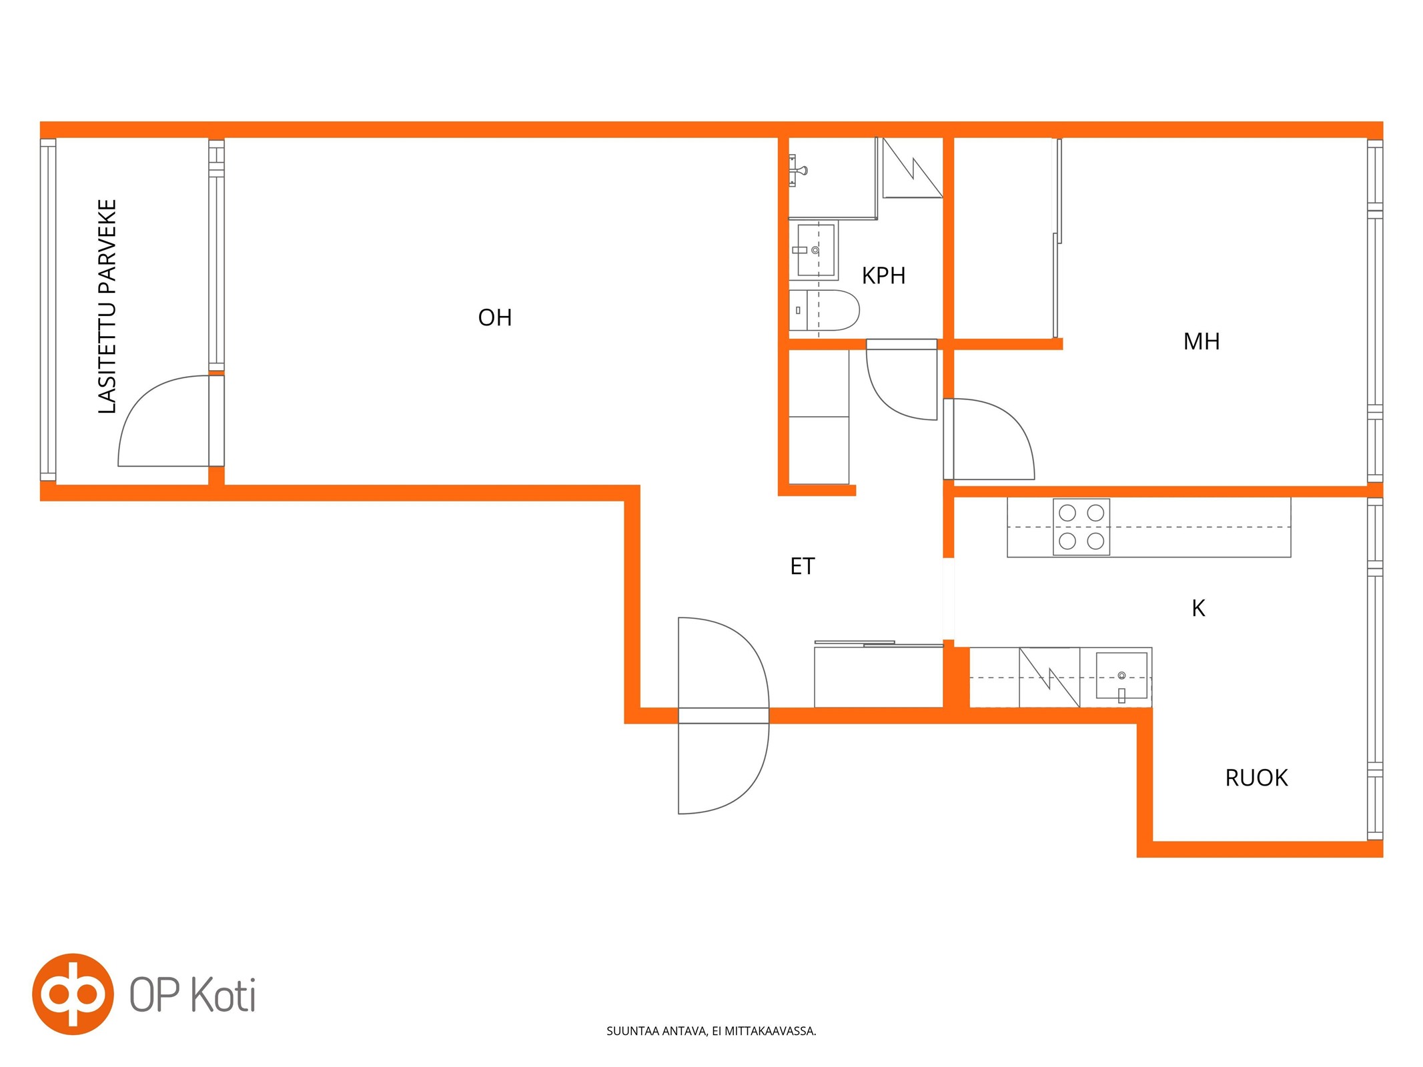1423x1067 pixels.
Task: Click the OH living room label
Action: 495,317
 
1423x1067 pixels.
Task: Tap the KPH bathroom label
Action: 883,275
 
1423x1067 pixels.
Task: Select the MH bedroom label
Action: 1202,341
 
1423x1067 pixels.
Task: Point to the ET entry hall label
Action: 803,566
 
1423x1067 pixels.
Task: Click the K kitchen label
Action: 1198,608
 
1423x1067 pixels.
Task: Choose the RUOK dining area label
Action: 1256,778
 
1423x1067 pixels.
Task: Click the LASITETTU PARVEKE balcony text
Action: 107,306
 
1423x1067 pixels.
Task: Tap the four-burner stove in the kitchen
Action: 1081,527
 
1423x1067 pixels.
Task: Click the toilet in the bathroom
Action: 824,310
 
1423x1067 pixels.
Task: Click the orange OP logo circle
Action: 73,994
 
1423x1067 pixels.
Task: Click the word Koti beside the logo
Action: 223,996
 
